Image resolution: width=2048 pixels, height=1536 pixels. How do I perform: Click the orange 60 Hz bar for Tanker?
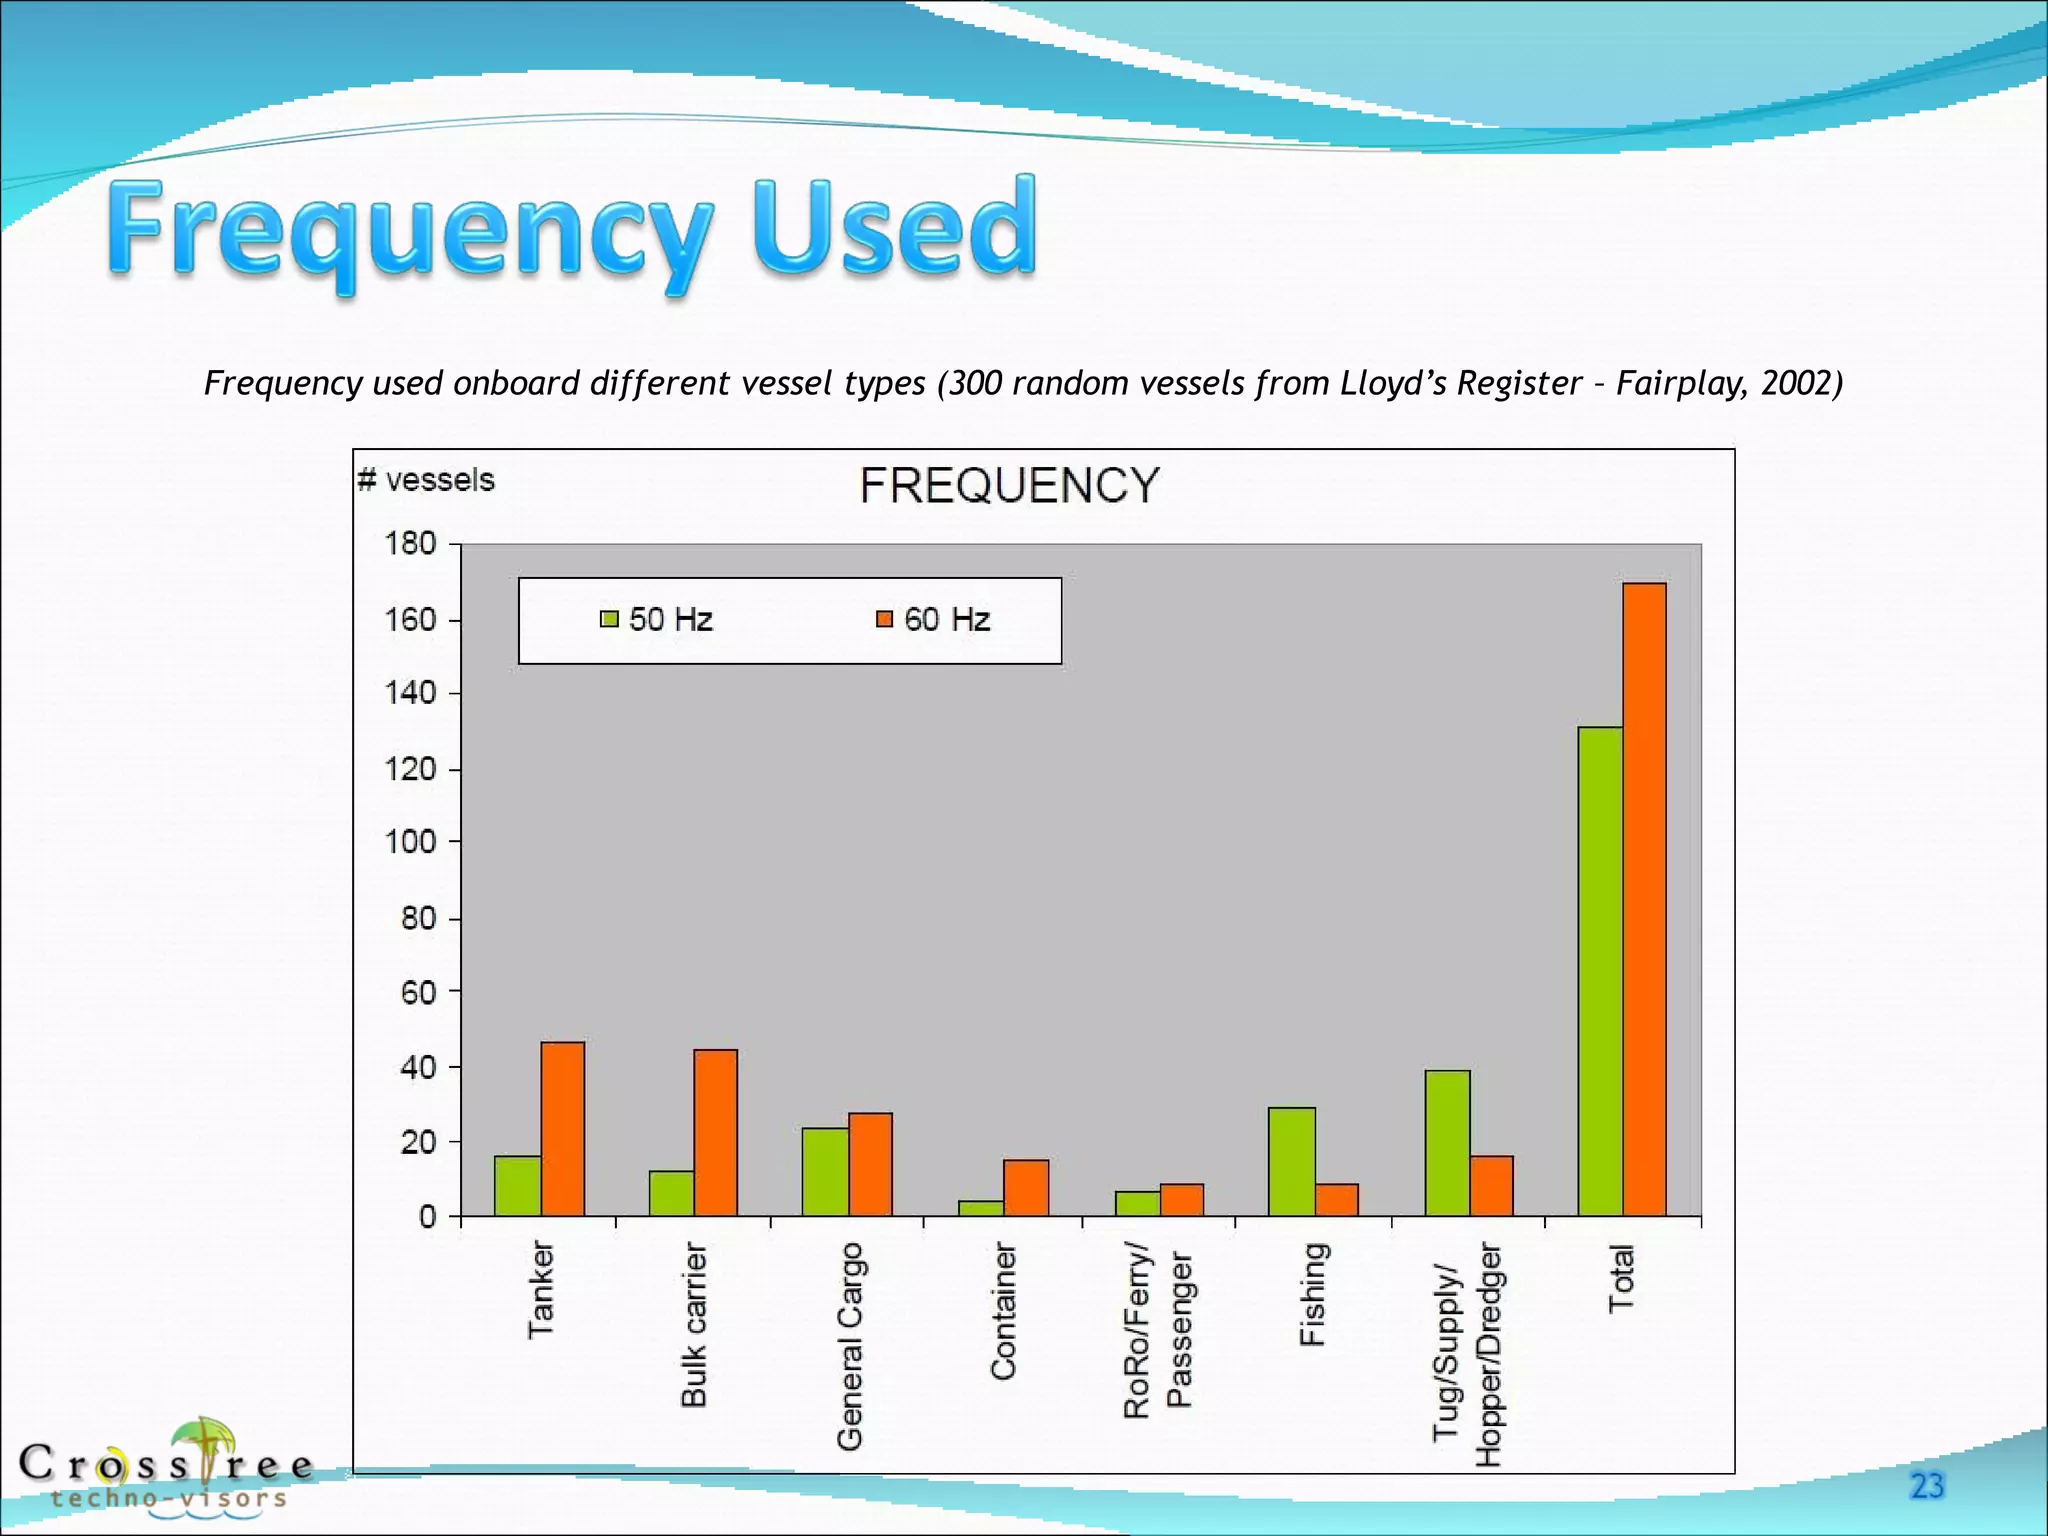coord(563,1129)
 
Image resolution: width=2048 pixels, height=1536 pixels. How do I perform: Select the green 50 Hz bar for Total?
coord(1600,971)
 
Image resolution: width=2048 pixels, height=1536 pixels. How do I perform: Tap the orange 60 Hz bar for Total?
coord(1645,899)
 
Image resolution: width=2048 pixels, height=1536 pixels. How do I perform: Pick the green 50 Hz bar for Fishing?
coord(1291,1161)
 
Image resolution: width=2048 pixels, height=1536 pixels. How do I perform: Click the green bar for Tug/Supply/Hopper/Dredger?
coord(1447,1143)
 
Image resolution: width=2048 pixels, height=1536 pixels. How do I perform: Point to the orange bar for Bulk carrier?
coord(716,1132)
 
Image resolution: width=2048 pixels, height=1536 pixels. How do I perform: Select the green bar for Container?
coord(981,1208)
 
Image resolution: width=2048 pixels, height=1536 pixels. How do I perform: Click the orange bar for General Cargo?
coord(870,1164)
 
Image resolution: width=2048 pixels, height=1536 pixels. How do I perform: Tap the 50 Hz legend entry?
coord(657,619)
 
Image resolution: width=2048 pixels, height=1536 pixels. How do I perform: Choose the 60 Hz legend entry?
coord(933,619)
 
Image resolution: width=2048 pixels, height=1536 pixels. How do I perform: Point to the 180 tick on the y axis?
coord(411,544)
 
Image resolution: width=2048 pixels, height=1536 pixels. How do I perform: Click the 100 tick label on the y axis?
coord(411,842)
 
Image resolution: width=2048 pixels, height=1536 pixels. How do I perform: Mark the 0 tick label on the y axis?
coord(428,1217)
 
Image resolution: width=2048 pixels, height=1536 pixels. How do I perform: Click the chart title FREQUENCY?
coord(1009,486)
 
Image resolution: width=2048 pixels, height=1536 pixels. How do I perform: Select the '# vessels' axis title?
coord(427,480)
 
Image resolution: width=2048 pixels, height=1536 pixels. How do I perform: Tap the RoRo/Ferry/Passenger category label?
coord(1158,1330)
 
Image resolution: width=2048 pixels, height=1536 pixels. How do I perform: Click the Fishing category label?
coord(1312,1295)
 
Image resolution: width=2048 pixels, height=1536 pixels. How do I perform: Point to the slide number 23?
coord(1926,1486)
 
